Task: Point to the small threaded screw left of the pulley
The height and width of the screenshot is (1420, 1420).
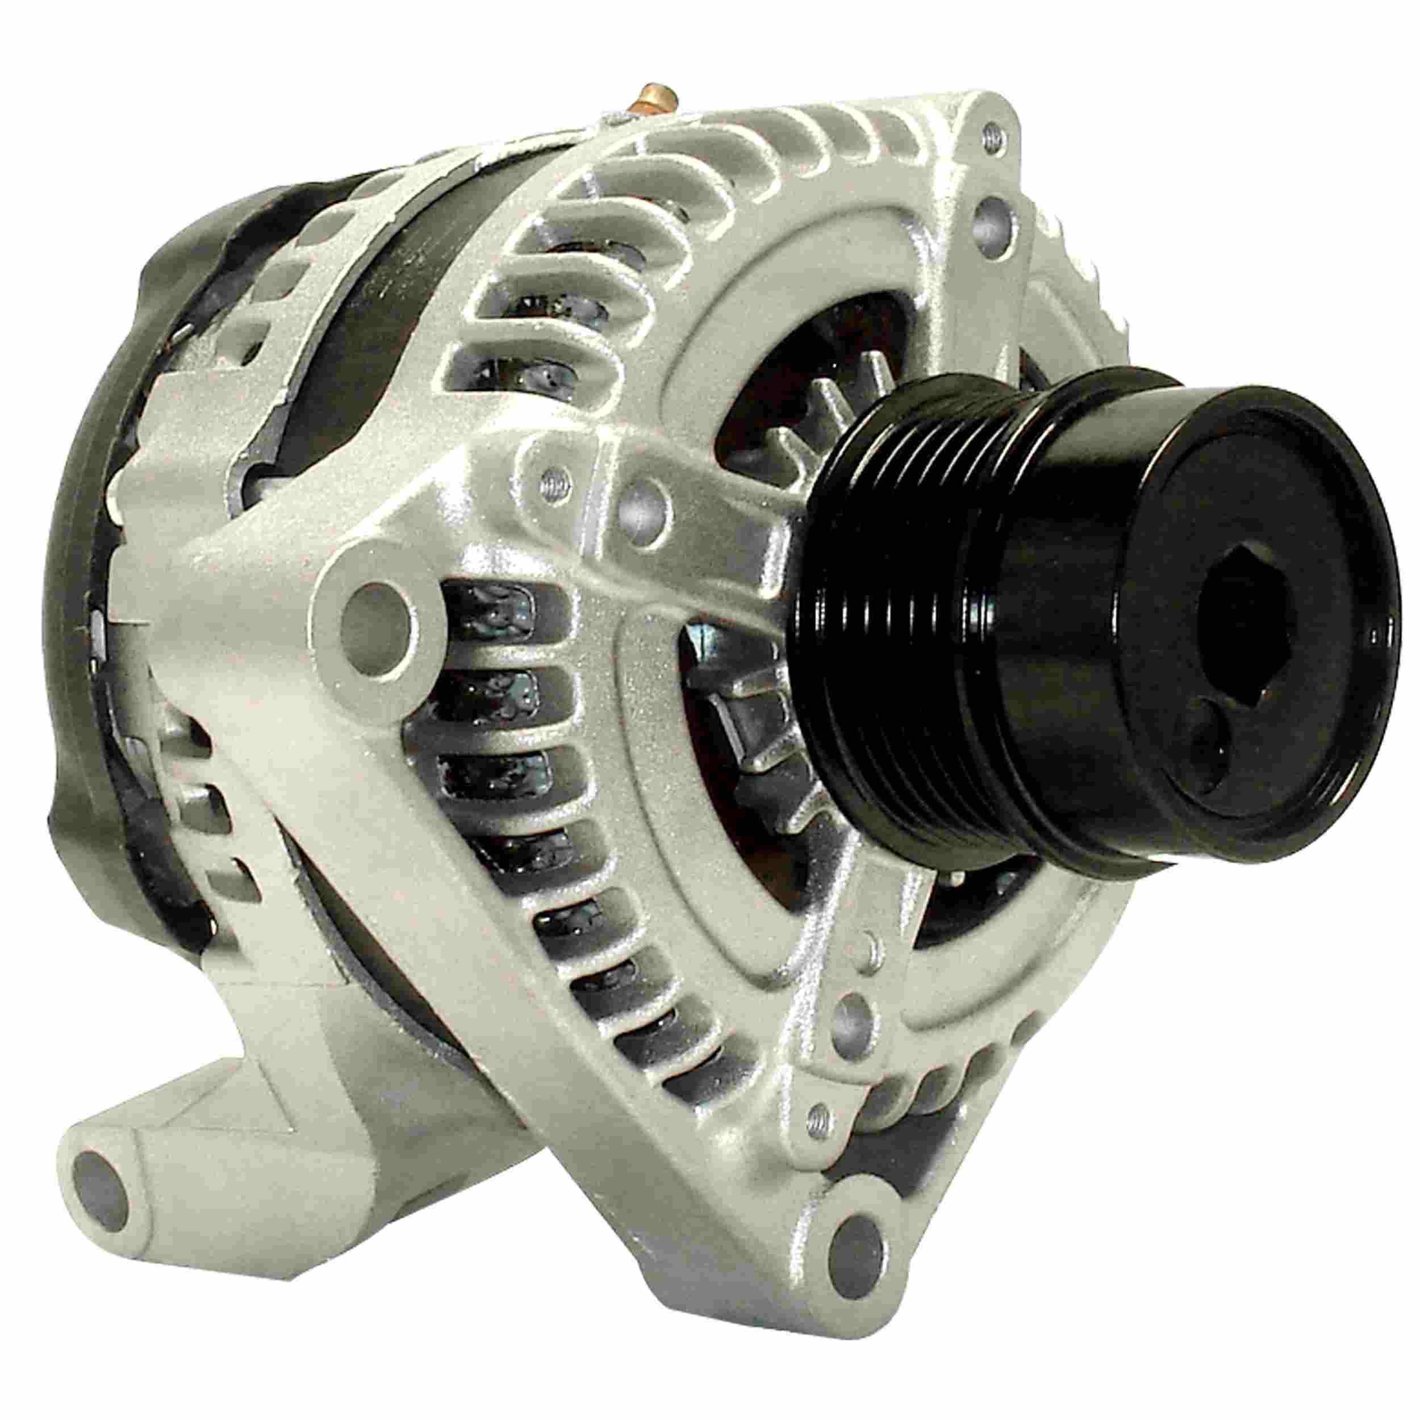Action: click(553, 483)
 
